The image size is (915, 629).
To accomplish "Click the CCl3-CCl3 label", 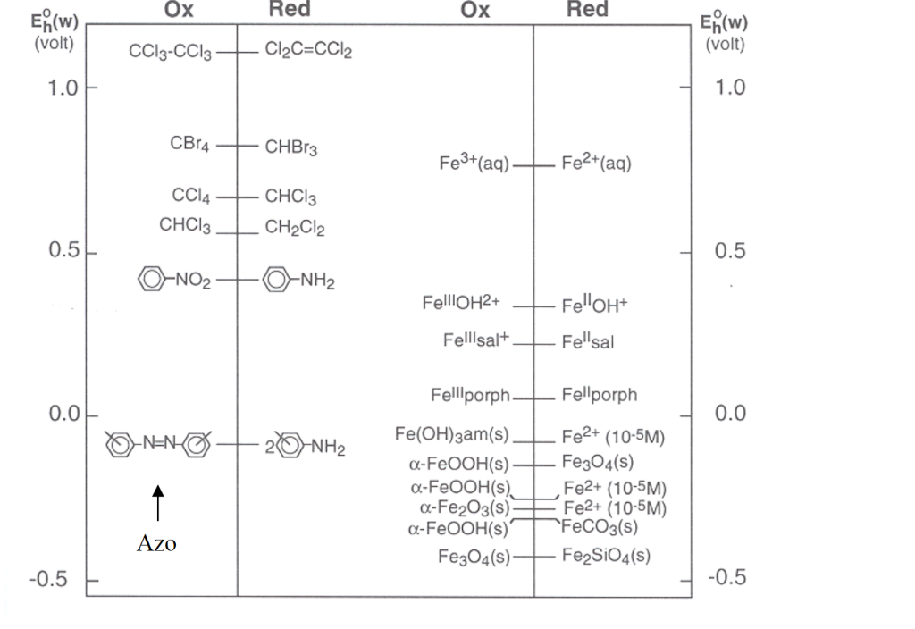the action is coord(171,52).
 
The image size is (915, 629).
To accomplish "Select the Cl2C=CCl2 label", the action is coord(308,50).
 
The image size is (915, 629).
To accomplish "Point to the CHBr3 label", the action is coord(291,147).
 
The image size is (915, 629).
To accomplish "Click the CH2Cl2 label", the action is coord(295,229).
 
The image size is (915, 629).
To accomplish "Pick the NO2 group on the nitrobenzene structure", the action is coord(192,281).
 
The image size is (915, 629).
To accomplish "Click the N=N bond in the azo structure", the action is coord(161,444).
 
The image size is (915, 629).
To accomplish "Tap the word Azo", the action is coord(156,543).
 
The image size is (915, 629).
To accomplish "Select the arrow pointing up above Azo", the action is coord(157,502).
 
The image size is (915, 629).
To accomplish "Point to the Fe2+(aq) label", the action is coord(597,164).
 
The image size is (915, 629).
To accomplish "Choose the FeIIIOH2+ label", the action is coord(461,304).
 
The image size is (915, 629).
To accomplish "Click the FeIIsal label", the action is coord(588,341).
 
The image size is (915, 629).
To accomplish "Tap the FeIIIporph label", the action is coord(470,395).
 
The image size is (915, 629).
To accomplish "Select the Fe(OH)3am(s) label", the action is coord(452,435).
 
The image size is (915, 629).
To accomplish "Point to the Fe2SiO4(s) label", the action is coord(607,556).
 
